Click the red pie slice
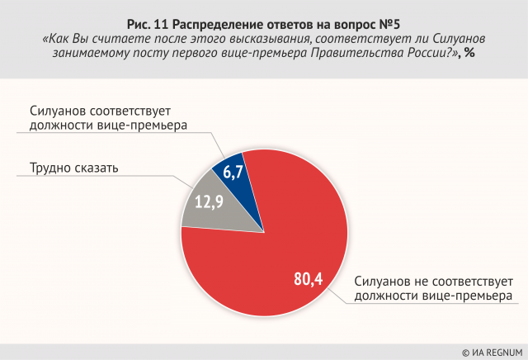pyautogui.click(x=272, y=239)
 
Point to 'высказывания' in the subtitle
pyautogui.click(x=269, y=37)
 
